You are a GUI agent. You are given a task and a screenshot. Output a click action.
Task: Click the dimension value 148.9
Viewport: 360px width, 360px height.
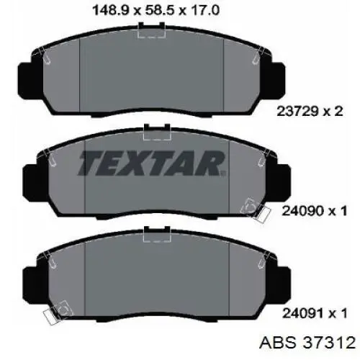[110, 11]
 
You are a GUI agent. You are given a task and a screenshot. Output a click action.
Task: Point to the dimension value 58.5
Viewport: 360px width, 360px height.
[160, 11]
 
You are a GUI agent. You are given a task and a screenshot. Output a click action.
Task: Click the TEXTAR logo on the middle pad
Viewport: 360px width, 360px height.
[152, 163]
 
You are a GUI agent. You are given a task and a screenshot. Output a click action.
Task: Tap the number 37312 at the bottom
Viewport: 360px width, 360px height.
[329, 343]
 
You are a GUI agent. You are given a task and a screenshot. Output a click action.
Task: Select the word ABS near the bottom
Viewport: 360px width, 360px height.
[278, 343]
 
